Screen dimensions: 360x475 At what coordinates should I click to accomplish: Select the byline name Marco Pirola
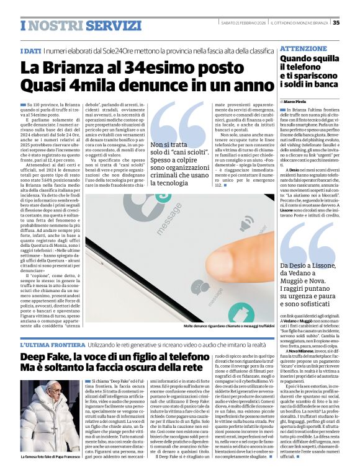point(299,100)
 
